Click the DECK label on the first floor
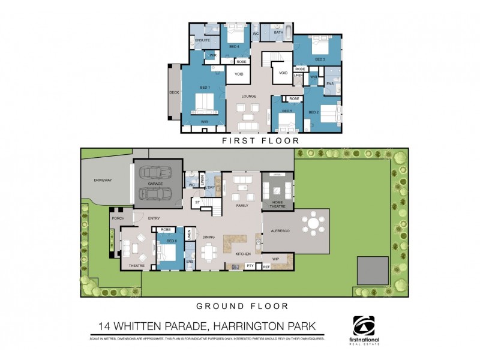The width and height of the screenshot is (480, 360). tap(174, 93)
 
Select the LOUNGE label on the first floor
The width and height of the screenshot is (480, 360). tap(249, 96)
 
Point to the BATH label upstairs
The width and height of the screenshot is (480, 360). tap(278, 33)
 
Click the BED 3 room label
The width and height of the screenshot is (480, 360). tap(320, 59)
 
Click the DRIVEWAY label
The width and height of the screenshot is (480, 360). tap(104, 180)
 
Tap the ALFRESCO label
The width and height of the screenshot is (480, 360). tap(280, 230)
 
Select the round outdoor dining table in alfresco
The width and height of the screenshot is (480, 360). tap(313, 224)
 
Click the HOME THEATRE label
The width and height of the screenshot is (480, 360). tap(277, 203)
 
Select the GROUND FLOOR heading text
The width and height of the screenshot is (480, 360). tap(242, 305)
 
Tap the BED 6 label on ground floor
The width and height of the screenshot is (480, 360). tap(171, 241)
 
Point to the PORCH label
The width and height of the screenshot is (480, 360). tap(118, 218)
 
